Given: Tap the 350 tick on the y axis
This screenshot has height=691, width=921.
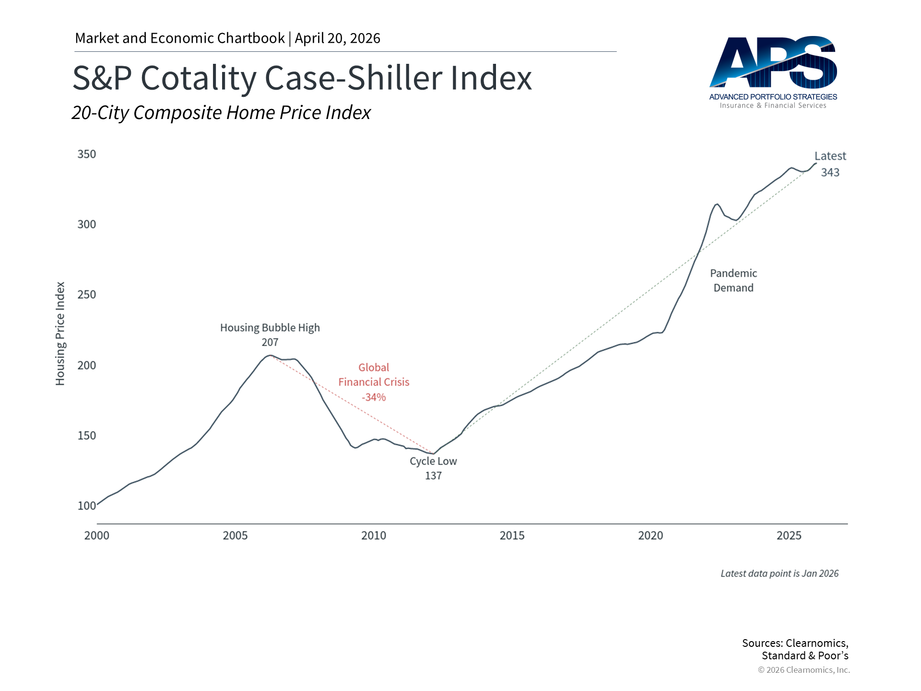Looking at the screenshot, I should click(87, 154).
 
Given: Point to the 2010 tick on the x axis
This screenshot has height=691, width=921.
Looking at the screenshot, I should click(373, 536).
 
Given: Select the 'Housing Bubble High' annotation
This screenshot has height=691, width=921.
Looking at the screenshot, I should click(270, 328).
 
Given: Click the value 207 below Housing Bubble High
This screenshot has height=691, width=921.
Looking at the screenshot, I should click(270, 343).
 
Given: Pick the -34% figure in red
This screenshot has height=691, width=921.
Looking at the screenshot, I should click(374, 397).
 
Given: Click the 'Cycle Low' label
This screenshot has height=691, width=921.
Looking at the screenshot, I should click(433, 461).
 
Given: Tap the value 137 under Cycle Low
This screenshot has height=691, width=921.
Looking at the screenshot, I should click(433, 476).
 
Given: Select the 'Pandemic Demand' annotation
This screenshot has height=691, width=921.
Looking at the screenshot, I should click(733, 281).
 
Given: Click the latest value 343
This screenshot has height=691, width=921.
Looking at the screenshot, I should click(830, 172).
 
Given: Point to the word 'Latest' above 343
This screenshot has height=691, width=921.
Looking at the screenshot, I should click(830, 156).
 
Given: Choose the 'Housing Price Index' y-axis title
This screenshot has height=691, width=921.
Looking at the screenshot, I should click(60, 334).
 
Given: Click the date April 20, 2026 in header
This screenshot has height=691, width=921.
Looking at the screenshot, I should click(337, 38).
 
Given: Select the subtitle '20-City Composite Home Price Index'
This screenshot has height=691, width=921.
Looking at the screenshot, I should click(221, 113).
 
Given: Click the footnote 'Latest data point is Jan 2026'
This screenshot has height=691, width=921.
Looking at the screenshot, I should click(779, 573).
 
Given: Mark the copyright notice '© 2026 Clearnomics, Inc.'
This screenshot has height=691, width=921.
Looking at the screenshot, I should click(803, 670).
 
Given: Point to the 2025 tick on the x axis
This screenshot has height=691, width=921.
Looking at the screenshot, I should click(789, 536).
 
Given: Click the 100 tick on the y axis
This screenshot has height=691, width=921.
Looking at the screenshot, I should click(87, 506).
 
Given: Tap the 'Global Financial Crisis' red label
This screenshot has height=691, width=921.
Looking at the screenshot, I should click(374, 375).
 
